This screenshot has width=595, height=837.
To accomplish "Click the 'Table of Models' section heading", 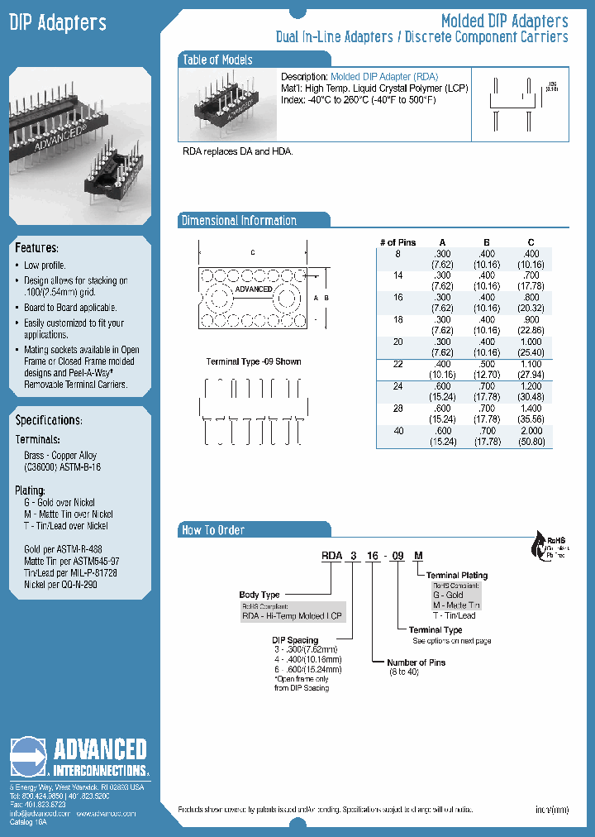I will click(217, 60).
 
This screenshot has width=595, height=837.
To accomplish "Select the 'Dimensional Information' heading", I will click(239, 221).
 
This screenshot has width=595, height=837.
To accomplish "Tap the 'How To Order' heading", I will click(213, 530).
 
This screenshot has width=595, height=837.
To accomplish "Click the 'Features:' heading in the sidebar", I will click(36, 248).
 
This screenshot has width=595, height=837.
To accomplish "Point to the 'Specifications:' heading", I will click(48, 420).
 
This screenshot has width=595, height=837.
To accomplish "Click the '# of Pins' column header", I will click(397, 242).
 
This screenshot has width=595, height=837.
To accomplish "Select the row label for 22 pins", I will click(397, 364).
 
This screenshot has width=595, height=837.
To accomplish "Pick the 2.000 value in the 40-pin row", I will click(531, 431).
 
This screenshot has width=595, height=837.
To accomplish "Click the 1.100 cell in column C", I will click(531, 364).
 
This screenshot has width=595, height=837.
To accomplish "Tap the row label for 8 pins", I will click(397, 253).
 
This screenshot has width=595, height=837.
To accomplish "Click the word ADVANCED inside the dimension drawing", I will click(253, 289).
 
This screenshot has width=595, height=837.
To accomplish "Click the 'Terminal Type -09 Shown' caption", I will click(254, 361).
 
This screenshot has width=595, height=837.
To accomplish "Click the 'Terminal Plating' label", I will click(457, 575).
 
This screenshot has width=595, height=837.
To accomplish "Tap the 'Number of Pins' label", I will click(417, 662).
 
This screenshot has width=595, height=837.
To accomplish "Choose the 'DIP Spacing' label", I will click(295, 640).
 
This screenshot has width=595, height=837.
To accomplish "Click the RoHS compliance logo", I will click(548, 546).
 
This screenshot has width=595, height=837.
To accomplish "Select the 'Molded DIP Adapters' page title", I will click(504, 21).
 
